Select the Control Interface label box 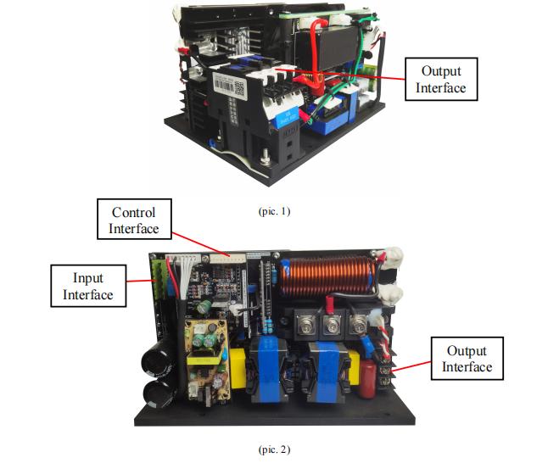coord(133,219)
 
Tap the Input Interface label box coord(88,285)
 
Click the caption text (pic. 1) coord(274,211)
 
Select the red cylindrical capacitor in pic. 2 coord(368,382)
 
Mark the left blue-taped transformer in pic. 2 coord(266,372)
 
